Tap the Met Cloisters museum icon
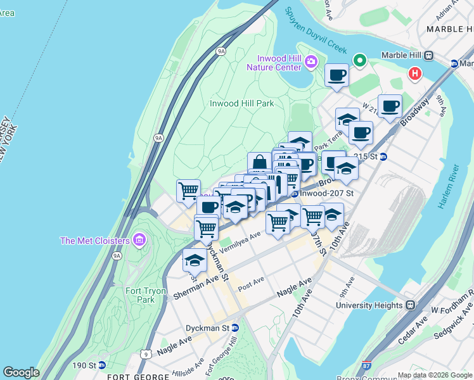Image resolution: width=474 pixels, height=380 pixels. (x=139, y=240)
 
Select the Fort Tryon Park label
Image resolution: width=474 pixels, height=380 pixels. (x=146, y=295)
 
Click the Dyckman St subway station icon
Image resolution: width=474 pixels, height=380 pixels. (x=235, y=328)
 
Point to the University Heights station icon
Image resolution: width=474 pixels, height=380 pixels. (x=410, y=305)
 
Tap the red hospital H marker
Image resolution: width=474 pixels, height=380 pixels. (x=415, y=73)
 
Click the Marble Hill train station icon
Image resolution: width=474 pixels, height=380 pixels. (x=428, y=55)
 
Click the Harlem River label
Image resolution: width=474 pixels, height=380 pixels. (x=451, y=187)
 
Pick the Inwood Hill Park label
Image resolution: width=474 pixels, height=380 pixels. (x=242, y=103)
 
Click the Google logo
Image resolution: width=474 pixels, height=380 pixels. (x=21, y=372)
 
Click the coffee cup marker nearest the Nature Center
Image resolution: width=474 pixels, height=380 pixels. (x=336, y=75)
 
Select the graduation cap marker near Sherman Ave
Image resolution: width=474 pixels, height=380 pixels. (x=195, y=260)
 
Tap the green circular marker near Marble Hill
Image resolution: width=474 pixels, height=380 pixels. (x=360, y=61)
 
